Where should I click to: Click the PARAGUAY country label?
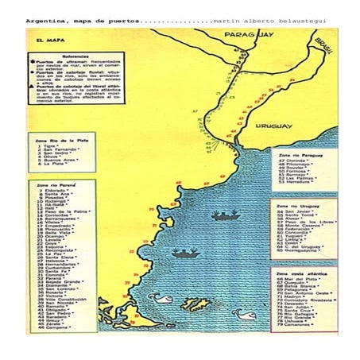coord(250,36)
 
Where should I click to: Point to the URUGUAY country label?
coord(274,125)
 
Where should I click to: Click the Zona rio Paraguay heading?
coord(301,153)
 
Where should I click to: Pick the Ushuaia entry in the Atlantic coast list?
coord(300,321)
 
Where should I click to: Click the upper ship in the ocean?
coord(226,215)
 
